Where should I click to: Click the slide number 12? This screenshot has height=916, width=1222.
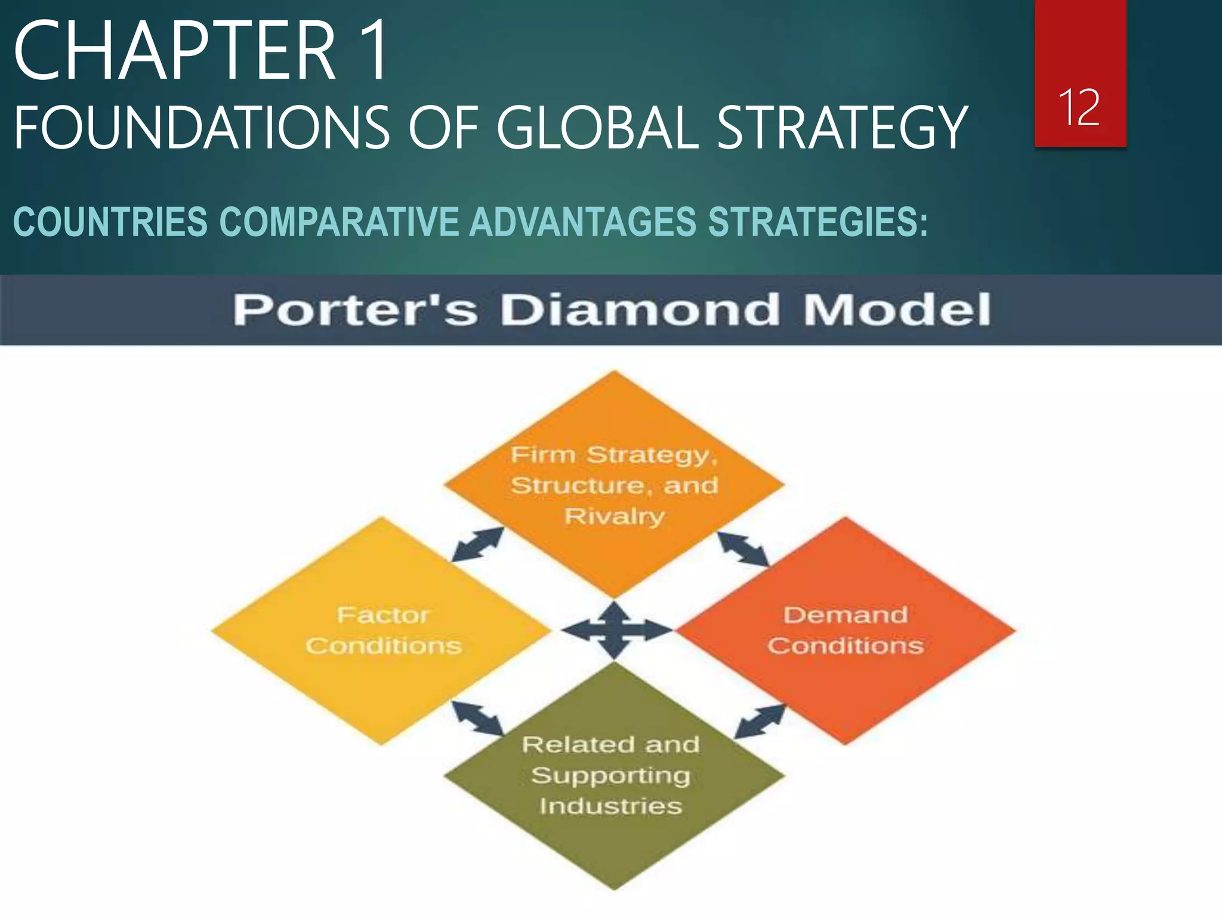[1079, 108]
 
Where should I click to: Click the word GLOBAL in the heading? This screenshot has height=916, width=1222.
[598, 128]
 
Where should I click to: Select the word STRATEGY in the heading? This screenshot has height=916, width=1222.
[841, 128]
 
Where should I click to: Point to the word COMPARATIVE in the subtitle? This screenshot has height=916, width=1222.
[338, 222]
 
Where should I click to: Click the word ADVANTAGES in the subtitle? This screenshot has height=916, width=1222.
[583, 222]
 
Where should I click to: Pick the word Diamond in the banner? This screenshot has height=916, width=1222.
[640, 310]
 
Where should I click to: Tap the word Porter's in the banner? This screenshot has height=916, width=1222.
[356, 310]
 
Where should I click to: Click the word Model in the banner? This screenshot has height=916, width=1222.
[897, 310]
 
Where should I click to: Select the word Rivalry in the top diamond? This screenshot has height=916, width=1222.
[614, 516]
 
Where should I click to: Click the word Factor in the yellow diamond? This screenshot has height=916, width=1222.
[383, 615]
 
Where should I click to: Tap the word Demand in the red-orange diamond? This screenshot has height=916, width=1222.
[845, 615]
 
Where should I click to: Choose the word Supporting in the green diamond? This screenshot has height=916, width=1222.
[611, 775]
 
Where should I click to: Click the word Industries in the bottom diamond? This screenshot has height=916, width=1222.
[611, 806]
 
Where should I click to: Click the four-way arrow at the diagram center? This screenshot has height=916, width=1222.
[615, 630]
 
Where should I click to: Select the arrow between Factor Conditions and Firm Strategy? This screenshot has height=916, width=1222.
[477, 544]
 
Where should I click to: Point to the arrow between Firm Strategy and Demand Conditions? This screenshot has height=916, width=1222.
[743, 549]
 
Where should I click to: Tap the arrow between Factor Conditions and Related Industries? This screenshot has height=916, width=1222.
[477, 718]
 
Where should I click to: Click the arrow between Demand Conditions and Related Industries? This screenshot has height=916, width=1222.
[759, 722]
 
